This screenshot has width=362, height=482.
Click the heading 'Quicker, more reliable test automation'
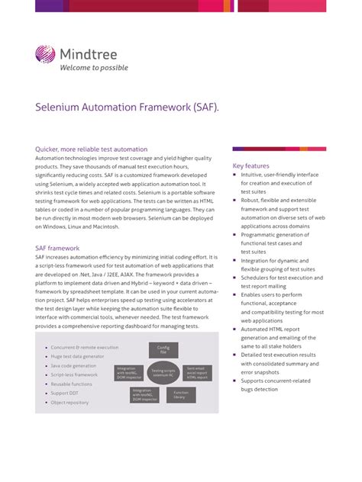(92, 149)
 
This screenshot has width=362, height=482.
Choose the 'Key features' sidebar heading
(251, 165)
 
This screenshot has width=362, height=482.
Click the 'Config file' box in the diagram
(163, 349)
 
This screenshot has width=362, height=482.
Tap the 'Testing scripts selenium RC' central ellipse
(163, 373)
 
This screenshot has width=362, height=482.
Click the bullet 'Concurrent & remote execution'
(85, 347)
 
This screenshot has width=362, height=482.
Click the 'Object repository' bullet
(69, 402)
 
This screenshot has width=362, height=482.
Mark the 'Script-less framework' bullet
(75, 374)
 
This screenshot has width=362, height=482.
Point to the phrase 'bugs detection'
(260, 389)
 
